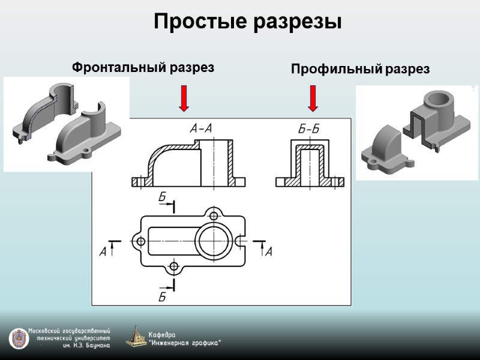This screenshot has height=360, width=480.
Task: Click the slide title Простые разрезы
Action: [x=248, y=22]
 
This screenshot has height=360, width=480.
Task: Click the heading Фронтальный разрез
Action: [x=143, y=67]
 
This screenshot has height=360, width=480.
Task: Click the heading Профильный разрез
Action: [x=360, y=69]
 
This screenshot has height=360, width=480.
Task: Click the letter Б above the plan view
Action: [x=163, y=197]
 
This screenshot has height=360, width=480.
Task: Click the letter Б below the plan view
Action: [x=162, y=296]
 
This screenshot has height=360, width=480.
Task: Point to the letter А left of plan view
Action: [x=103, y=253]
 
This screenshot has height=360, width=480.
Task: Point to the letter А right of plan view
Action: [x=268, y=252]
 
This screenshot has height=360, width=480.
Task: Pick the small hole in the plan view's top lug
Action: [x=212, y=215]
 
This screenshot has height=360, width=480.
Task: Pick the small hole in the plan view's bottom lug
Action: [x=174, y=266]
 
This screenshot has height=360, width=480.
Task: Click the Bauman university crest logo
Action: [x=19, y=338]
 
